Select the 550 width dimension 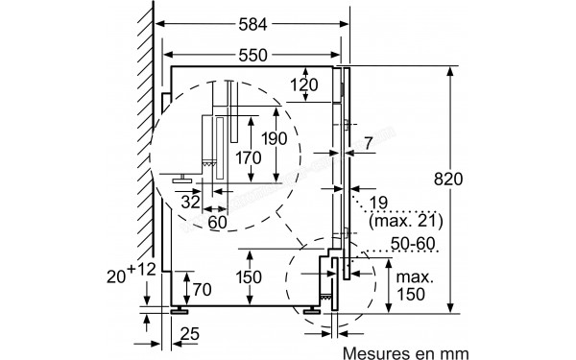click(x=253, y=54)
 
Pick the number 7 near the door click(x=370, y=144)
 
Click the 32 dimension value click(x=190, y=202)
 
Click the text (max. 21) click(x=402, y=221)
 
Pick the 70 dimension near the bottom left click(x=200, y=287)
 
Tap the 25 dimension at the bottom click(x=188, y=334)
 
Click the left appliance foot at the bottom click(x=179, y=309)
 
